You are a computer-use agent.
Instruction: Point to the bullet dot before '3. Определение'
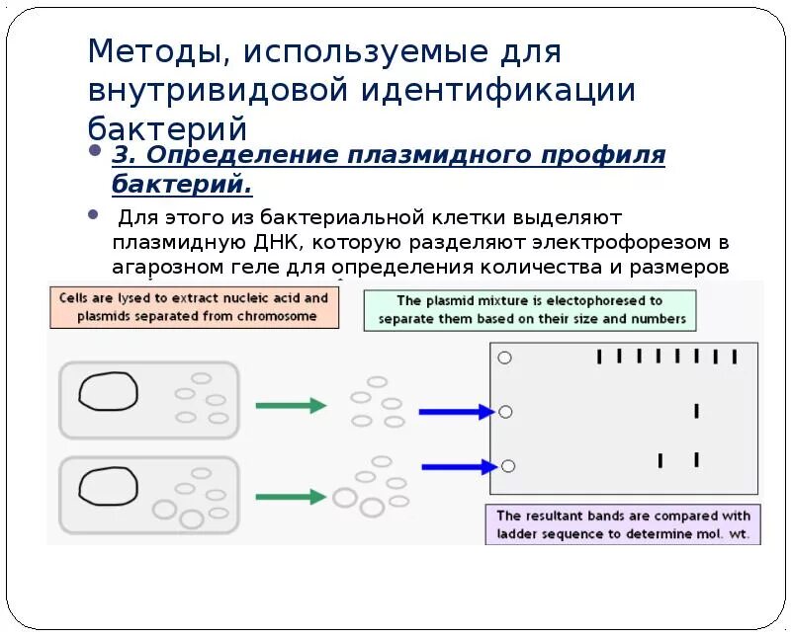[x=95, y=153]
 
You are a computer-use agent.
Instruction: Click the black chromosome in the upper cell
[x=109, y=391]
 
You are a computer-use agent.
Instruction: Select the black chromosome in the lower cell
[x=108, y=487]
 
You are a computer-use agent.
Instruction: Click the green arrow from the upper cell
[x=291, y=405]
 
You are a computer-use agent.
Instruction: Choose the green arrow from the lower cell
[x=291, y=497]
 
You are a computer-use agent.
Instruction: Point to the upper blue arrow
[x=456, y=412]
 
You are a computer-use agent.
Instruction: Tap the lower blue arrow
[x=459, y=466]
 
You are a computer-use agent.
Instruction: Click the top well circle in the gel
[x=505, y=358]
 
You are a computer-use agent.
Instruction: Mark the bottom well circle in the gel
[x=508, y=466]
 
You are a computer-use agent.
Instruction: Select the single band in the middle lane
[x=696, y=410]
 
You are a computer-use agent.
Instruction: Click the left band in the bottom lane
[x=659, y=459]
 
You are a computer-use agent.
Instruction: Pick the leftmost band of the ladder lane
[x=599, y=357]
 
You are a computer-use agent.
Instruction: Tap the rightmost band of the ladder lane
[x=734, y=357]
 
